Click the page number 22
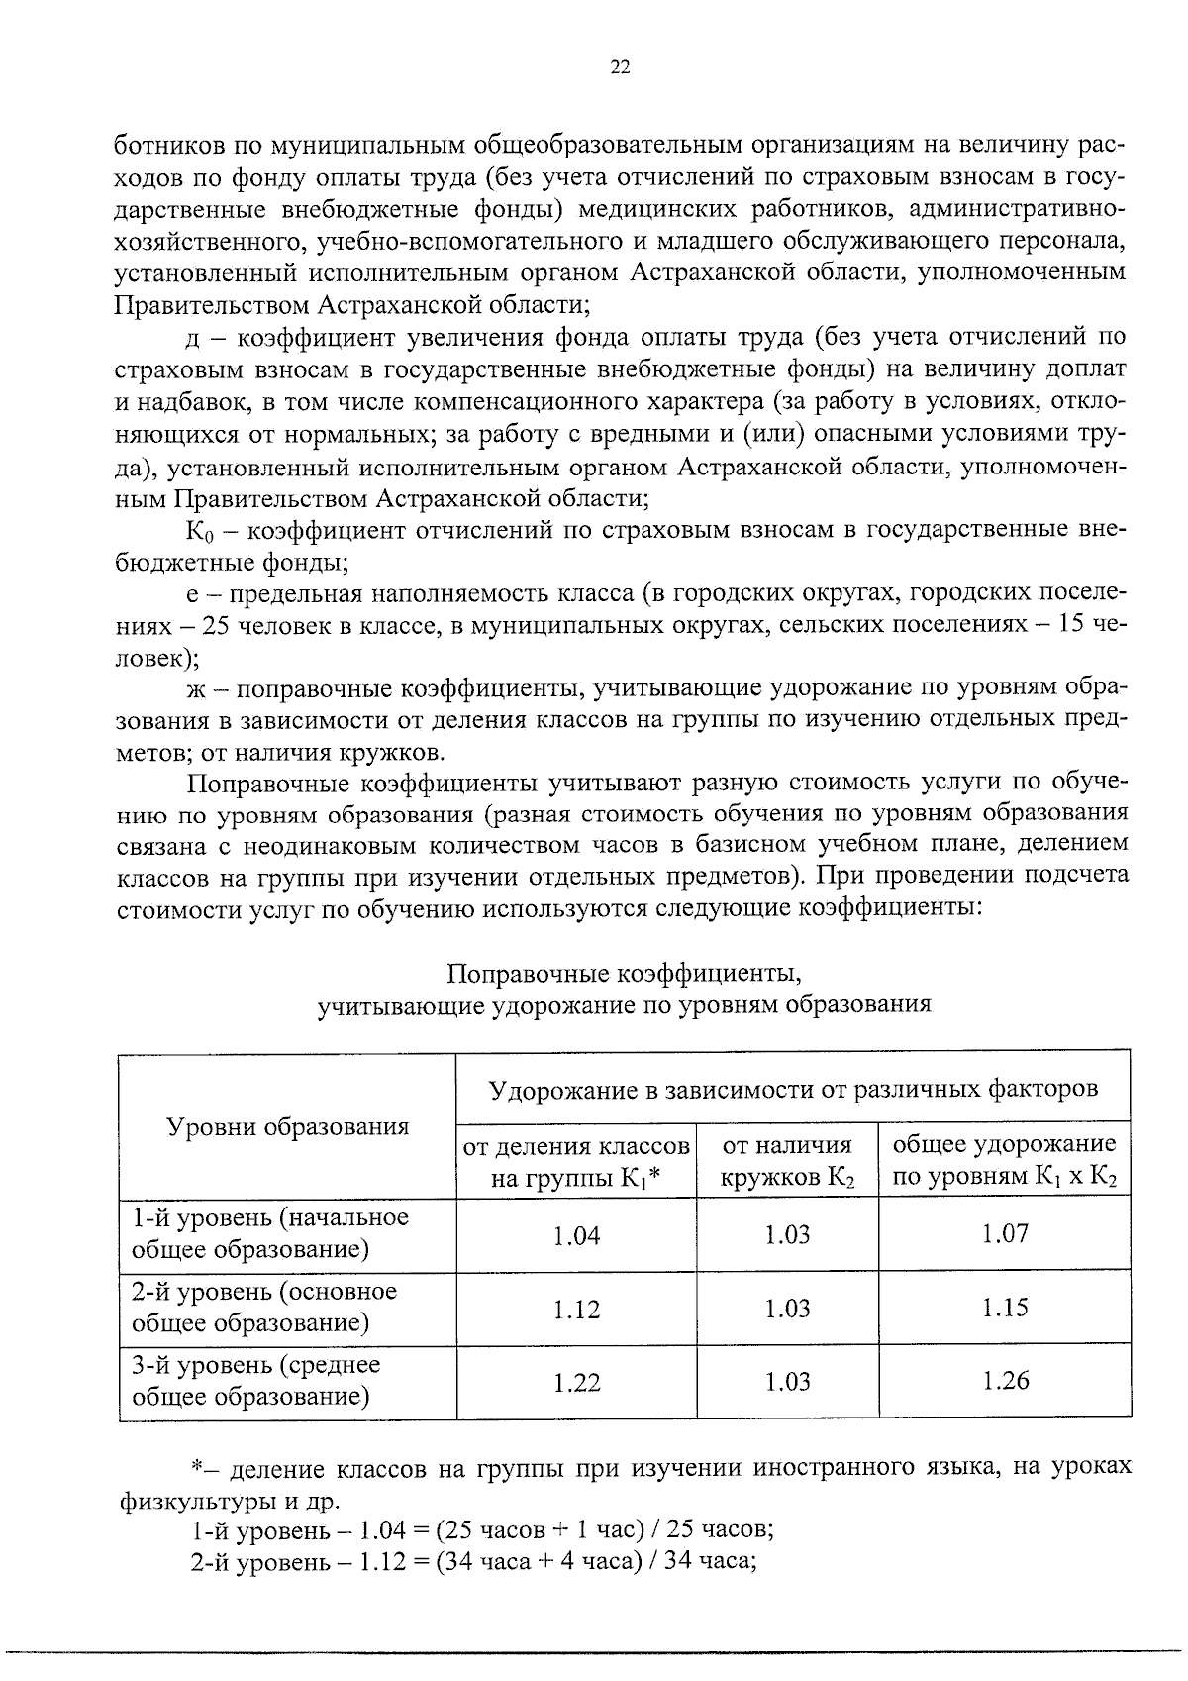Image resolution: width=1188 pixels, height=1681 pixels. click(x=621, y=67)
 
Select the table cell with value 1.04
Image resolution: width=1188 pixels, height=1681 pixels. click(x=576, y=1235)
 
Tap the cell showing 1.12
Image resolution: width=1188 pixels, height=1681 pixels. click(x=576, y=1310)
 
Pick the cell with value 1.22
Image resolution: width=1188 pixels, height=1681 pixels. click(x=576, y=1383)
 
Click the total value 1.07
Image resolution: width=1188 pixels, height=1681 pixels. click(x=1005, y=1234)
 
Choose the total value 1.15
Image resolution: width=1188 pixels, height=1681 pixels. click(x=1005, y=1308)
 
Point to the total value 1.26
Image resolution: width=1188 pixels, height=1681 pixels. click(x=1005, y=1381)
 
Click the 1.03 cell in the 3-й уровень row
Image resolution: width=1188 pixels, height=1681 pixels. click(x=787, y=1382)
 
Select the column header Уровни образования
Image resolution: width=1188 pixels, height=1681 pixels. click(x=287, y=1126)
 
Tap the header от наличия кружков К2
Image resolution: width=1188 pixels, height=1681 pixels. click(x=787, y=1161)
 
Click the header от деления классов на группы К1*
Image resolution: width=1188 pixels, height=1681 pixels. click(x=576, y=1161)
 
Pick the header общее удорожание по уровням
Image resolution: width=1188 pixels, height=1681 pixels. click(x=1005, y=1161)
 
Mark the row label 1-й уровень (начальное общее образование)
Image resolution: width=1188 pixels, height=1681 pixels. click(x=269, y=1233)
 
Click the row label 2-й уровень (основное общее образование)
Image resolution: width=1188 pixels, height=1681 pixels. click(x=264, y=1308)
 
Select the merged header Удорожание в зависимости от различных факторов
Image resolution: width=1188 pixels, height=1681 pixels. click(x=793, y=1089)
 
